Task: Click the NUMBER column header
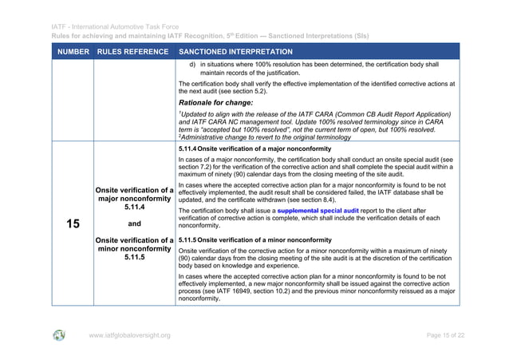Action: (x=73, y=52)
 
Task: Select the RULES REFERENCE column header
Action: (x=133, y=52)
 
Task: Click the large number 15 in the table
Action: (x=73, y=224)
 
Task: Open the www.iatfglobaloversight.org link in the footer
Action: (x=128, y=335)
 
